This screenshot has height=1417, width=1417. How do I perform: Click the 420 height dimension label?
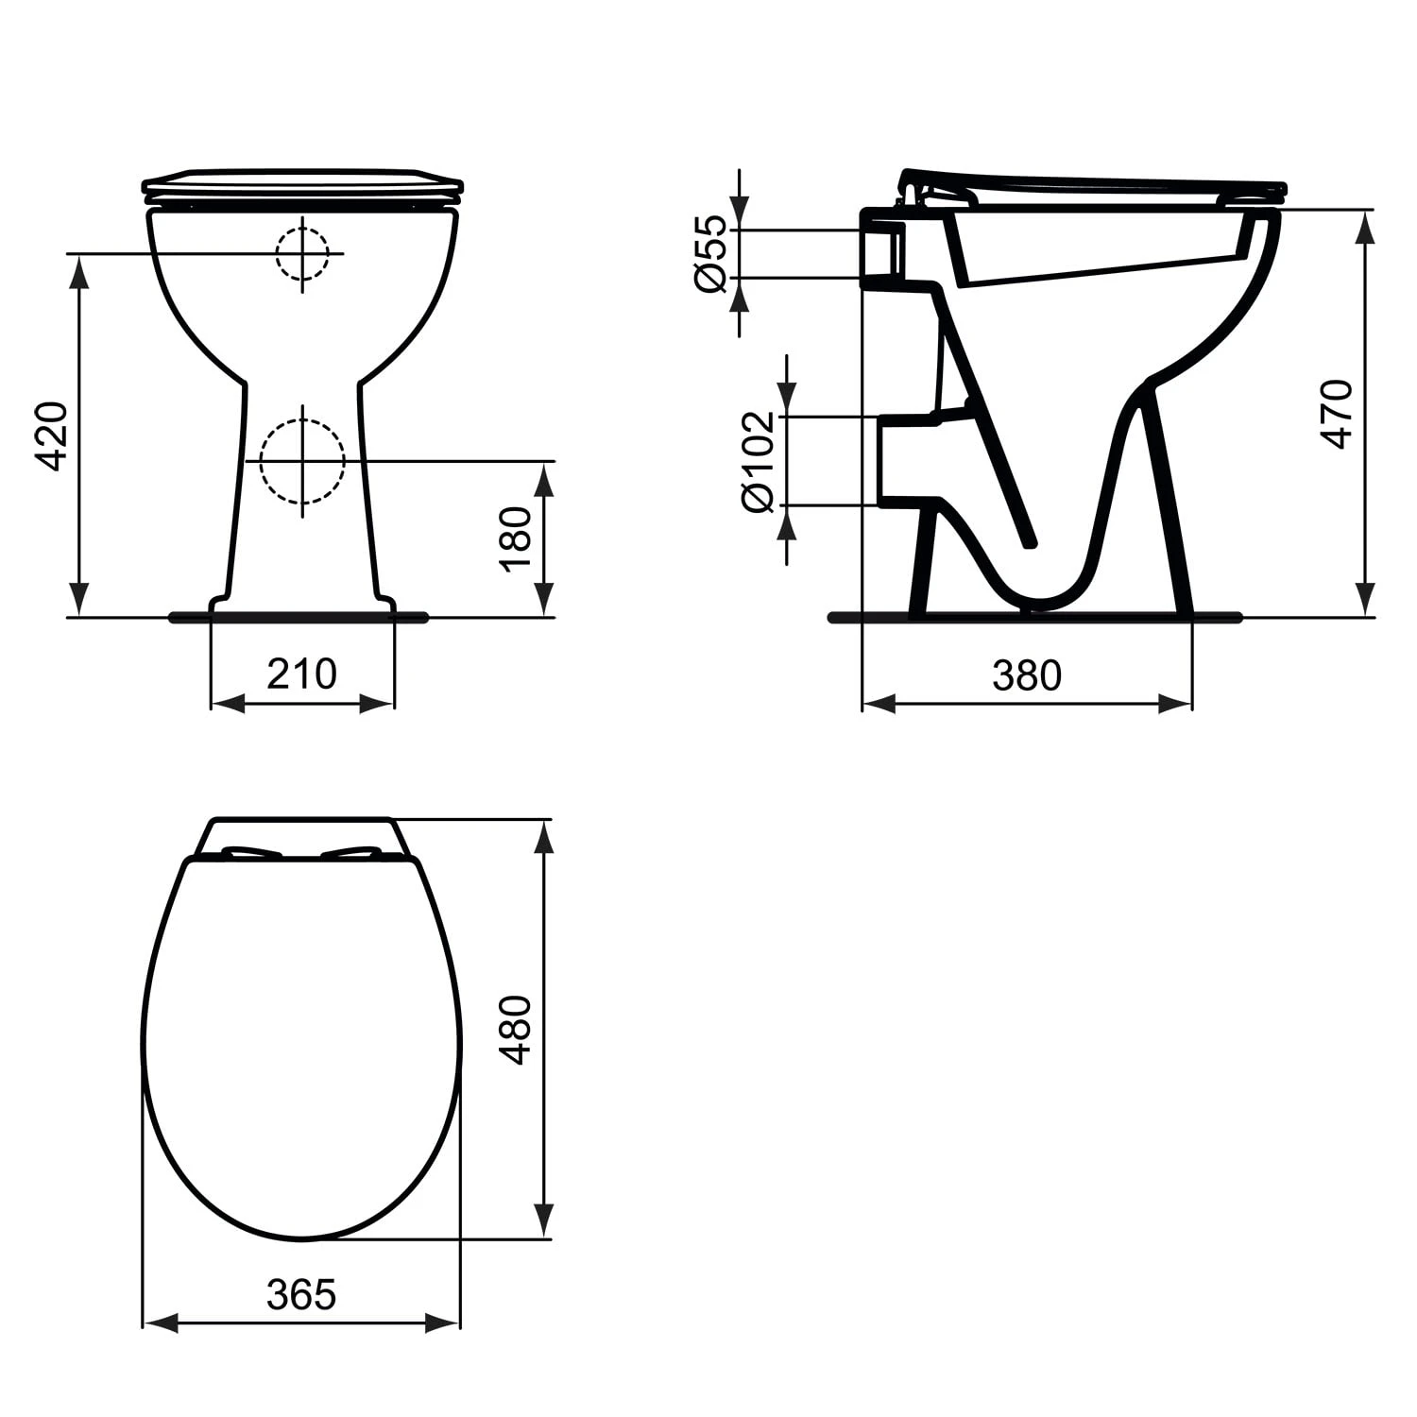coord(52,436)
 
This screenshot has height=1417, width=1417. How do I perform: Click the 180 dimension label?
coord(517,538)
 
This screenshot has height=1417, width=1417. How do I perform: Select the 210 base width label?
coord(301,674)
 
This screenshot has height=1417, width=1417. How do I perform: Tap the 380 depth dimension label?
coord(1027,675)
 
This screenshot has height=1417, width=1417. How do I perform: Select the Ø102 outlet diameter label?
coord(759,461)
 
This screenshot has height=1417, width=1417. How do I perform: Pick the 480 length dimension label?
coord(517,1030)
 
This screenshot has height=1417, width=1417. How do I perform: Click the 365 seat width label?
coord(301,1295)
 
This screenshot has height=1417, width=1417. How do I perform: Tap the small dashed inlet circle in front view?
coord(302,253)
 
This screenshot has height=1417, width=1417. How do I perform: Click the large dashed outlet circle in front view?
coord(302,461)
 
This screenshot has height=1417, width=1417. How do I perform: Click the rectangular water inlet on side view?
coord(883,253)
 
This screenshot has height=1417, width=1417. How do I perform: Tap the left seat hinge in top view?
coord(251,852)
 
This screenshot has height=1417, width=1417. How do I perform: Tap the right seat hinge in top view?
coord(353,852)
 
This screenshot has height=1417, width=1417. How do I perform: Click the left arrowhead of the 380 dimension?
coord(879,704)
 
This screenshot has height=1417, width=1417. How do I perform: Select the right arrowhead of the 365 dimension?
coord(444,1323)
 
